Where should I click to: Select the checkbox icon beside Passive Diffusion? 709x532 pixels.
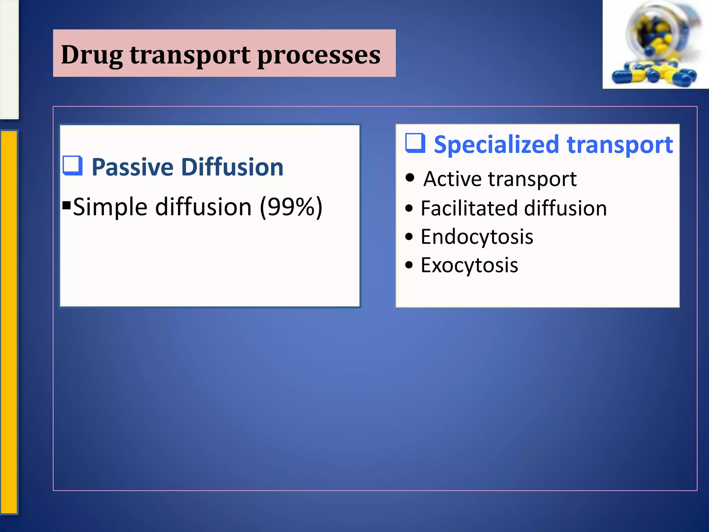pos(73,166)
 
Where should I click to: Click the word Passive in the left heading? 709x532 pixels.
pos(132,167)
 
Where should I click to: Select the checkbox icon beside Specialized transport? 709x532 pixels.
pos(415,143)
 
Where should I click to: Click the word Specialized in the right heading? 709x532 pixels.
pos(496,144)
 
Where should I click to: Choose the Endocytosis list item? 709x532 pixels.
pos(477,237)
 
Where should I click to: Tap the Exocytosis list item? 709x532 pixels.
pos(469,265)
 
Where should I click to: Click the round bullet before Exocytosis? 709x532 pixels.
pos(409,265)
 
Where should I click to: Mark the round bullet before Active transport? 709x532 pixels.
pos(410,178)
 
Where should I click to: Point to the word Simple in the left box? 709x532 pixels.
pos(110,207)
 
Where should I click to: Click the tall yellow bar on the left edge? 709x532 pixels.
pos(9,322)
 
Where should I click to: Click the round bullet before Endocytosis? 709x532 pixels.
pos(409,237)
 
